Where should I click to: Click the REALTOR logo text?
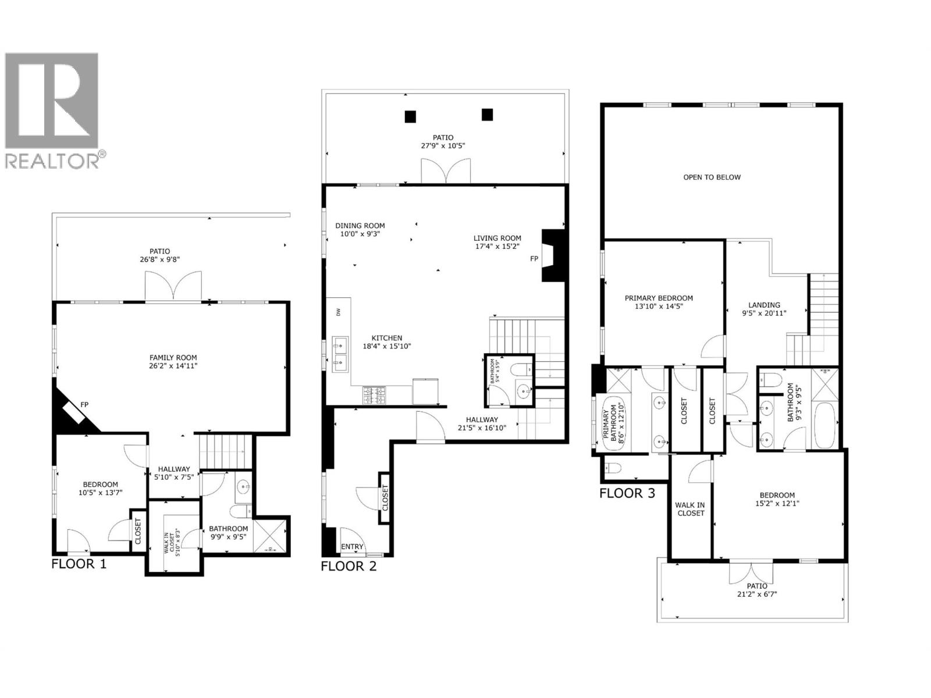click(x=55, y=160)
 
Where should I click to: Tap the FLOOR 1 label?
click(x=79, y=564)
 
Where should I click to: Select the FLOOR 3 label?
click(x=627, y=493)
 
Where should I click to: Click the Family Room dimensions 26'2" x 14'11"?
click(x=173, y=366)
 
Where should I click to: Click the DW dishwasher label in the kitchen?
click(x=339, y=312)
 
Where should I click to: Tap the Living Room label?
click(x=497, y=238)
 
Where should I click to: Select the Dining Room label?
click(x=360, y=226)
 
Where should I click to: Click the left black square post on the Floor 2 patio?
click(x=410, y=116)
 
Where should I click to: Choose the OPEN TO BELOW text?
click(x=712, y=177)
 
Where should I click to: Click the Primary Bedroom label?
click(x=659, y=298)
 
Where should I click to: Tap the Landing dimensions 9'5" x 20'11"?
click(x=764, y=313)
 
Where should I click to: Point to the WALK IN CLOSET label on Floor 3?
click(x=690, y=509)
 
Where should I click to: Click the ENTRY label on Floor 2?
click(x=352, y=547)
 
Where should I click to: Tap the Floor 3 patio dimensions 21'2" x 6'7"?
click(x=756, y=594)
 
